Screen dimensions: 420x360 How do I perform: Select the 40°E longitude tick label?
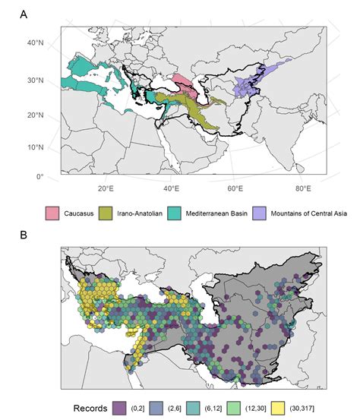(171, 188)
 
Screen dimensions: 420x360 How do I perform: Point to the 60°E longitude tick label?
(235, 188)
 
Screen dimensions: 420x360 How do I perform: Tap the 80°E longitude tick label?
(302, 188)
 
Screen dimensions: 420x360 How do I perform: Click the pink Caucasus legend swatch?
(53, 210)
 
